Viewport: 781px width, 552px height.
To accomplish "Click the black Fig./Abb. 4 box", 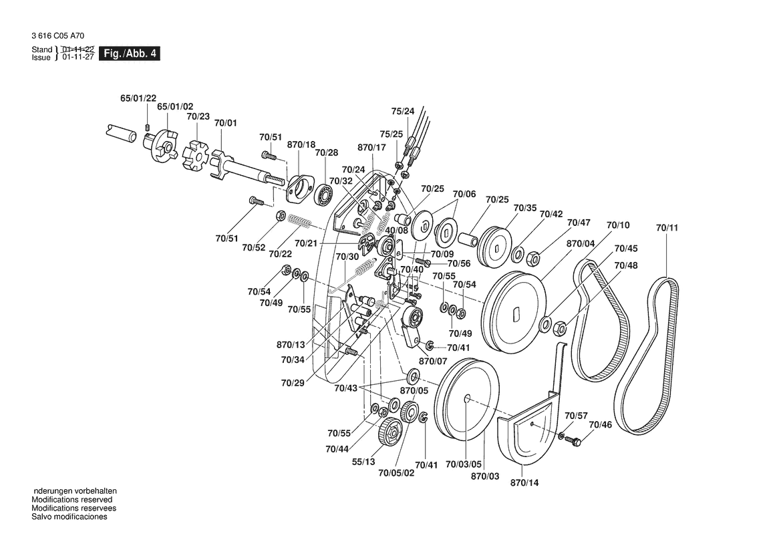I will click(129, 53).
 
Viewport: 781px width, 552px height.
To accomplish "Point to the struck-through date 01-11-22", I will click(78, 49).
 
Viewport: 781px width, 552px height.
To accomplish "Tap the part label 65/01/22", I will click(138, 98).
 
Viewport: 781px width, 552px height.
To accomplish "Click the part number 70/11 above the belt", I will click(666, 229).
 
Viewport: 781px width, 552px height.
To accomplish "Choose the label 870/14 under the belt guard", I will click(523, 482).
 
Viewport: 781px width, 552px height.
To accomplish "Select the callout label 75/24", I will click(402, 111).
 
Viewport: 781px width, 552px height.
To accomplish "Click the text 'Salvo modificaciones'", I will click(69, 517).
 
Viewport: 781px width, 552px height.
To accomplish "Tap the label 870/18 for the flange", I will click(301, 145).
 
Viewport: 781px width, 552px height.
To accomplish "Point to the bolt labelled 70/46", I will click(577, 440).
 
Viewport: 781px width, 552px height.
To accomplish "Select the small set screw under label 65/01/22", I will click(148, 126).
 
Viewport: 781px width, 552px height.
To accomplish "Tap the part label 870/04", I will click(580, 244).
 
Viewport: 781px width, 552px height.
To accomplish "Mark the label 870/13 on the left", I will click(291, 345).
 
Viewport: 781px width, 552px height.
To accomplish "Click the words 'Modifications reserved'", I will click(72, 500).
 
